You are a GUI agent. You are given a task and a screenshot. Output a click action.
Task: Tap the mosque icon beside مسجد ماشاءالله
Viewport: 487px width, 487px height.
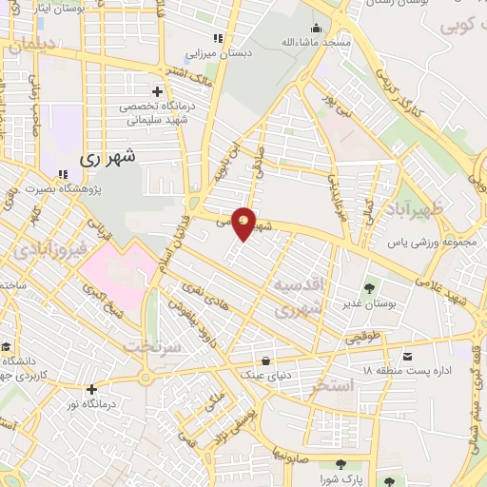315,28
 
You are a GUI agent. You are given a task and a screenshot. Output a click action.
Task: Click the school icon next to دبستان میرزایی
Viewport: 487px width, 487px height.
217,38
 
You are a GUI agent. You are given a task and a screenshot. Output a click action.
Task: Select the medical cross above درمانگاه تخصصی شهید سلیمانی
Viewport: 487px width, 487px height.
157,91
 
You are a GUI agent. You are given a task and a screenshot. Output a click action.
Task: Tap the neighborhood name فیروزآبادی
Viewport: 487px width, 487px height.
49,251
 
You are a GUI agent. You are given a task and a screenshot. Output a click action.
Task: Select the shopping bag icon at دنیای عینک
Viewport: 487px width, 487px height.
264,360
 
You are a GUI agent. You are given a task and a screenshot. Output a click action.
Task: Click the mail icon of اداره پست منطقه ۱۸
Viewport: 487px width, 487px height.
407,357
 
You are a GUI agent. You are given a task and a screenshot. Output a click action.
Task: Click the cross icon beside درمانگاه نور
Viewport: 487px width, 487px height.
91,389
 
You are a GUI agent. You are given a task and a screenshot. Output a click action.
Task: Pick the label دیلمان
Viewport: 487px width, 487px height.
35,46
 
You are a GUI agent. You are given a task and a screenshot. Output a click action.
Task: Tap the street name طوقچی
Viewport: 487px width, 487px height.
341,339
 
